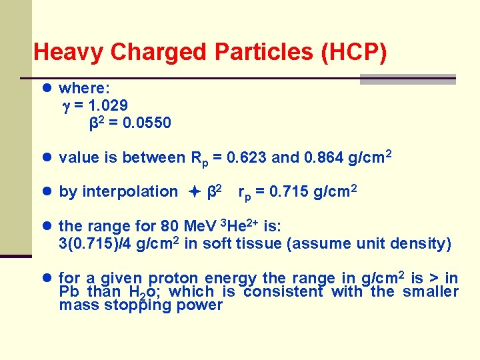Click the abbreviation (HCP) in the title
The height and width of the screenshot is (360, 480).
tap(353, 52)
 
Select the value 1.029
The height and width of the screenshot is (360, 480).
tap(106, 105)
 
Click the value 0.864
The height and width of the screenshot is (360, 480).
tap(324, 158)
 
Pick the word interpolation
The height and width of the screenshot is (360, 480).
tap(139, 192)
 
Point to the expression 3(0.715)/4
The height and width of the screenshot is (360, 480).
tap(96, 244)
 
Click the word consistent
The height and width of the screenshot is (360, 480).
tap(283, 292)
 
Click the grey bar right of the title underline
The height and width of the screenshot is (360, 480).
tap(407, 79)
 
